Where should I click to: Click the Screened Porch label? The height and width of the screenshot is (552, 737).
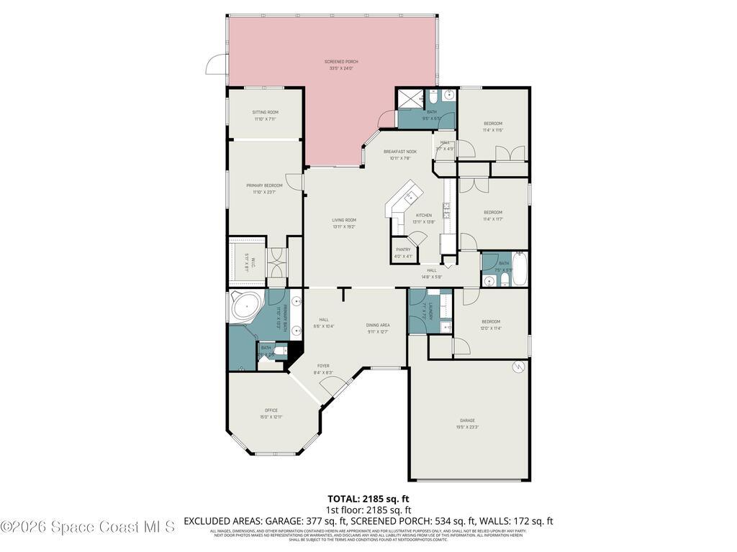[x=341, y=62]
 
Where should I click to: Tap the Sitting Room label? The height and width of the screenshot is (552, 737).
[x=265, y=112]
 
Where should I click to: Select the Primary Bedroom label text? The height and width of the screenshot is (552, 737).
[x=265, y=185]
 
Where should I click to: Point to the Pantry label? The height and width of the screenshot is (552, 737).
[x=403, y=249]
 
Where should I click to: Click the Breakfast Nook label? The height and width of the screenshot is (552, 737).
[x=400, y=152]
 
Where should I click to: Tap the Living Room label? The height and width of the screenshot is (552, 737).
[x=344, y=220]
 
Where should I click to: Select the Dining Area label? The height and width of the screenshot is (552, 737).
[x=378, y=325]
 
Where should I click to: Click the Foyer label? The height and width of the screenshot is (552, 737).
[x=323, y=365]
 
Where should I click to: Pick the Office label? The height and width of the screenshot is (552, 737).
[x=271, y=410]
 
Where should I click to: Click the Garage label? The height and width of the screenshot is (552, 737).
[x=468, y=420]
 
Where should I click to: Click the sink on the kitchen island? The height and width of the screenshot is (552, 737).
[x=412, y=194]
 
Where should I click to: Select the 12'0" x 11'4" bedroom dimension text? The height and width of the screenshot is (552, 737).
[x=491, y=328]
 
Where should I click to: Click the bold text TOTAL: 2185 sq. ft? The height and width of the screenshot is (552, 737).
[x=368, y=498]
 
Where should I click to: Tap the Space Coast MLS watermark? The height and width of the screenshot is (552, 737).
[x=88, y=527]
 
